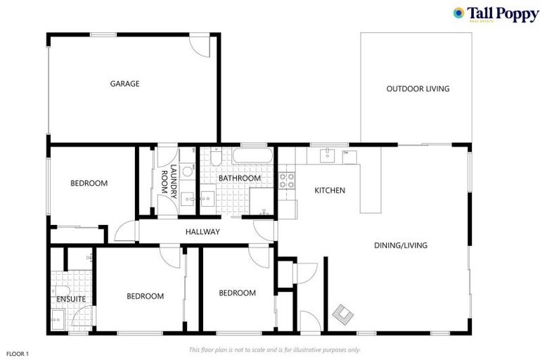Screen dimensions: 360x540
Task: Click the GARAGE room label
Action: [x=124, y=84]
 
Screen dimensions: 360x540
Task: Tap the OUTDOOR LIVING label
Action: [x=418, y=89]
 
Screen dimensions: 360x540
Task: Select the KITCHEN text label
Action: [x=329, y=191]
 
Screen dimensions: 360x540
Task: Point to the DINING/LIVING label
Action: [x=401, y=245]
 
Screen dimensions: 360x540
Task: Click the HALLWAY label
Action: [x=202, y=232]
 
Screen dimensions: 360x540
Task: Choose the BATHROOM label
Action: [x=239, y=179]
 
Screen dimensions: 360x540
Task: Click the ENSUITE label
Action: [x=71, y=300]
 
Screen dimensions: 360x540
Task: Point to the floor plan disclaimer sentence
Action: [x=275, y=349]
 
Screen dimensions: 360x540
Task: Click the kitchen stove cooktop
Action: [x=287, y=180]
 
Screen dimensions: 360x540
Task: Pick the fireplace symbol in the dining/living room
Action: [x=342, y=314]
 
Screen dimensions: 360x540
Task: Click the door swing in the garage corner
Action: [x=202, y=46]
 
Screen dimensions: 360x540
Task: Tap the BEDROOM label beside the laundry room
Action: [x=89, y=184]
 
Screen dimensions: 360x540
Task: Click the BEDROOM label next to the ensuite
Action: [x=145, y=296]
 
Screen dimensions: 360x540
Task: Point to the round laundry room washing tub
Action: [x=188, y=171]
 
